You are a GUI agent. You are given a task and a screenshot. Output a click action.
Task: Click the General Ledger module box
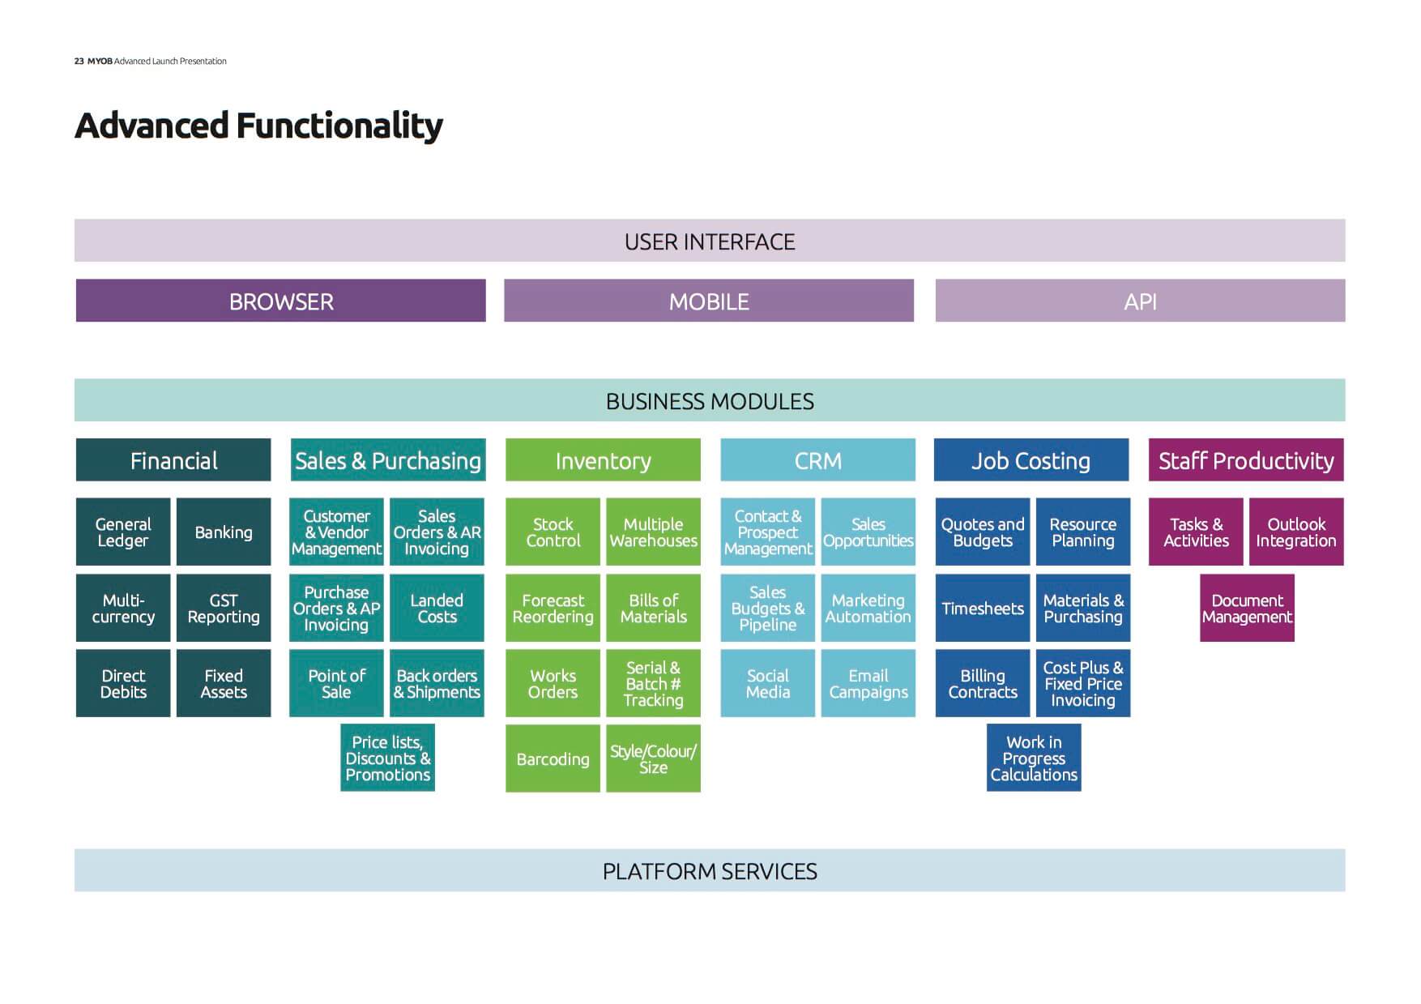123,532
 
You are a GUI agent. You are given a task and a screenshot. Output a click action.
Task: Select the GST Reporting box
224,608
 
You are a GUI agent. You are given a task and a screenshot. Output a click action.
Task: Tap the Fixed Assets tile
224,683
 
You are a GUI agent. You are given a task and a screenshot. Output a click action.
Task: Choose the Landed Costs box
437,608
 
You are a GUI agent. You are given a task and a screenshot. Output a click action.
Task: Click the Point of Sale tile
336,683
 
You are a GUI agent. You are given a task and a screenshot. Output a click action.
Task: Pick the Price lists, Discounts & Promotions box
387,758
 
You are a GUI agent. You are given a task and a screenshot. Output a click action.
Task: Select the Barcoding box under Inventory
553,758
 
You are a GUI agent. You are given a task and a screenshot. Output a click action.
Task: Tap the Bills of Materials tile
653,608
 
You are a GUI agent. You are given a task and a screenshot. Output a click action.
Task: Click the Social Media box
768,683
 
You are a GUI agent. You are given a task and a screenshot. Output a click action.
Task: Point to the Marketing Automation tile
868,608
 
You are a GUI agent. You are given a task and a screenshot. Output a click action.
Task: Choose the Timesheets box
983,608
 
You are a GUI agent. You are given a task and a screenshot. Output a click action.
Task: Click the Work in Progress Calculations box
1034,758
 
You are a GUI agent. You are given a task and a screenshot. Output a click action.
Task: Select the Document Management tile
1247,608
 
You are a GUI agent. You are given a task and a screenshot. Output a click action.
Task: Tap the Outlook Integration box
1296,532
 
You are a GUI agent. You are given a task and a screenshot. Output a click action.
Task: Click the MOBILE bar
709,301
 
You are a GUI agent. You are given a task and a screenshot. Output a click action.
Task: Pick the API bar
1140,301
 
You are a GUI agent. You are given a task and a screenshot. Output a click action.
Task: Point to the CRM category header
818,459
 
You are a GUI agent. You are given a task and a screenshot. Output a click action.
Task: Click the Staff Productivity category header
1246,459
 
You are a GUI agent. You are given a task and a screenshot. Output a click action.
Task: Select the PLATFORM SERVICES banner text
710,871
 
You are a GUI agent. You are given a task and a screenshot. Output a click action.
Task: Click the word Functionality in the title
339,126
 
